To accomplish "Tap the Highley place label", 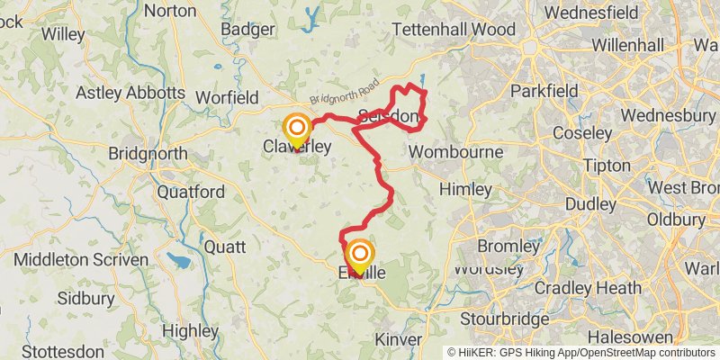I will (192, 330).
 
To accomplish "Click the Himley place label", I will (465, 189).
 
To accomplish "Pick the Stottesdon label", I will (64, 350).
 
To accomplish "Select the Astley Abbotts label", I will (130, 92).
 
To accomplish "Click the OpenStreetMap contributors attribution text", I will (647, 352).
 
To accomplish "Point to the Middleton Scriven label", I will (81, 259).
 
